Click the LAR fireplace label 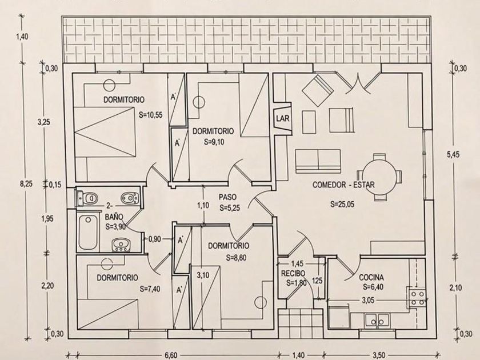pyautogui.click(x=282, y=118)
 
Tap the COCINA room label pyautogui.click(x=371, y=278)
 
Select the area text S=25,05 pyautogui.click(x=342, y=205)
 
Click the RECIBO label pyautogui.click(x=293, y=273)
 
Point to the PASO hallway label pyautogui.click(x=227, y=197)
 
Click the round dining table pyautogui.click(x=379, y=177)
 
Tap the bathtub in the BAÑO pyautogui.click(x=88, y=233)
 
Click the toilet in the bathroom pyautogui.click(x=87, y=198)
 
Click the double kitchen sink pyautogui.click(x=377, y=321)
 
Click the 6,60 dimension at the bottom pyautogui.click(x=171, y=355)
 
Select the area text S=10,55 pyautogui.click(x=150, y=115)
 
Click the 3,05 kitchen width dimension pyautogui.click(x=368, y=301)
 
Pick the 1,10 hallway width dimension pyautogui.click(x=203, y=205)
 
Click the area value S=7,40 pyautogui.click(x=149, y=289)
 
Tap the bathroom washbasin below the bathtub pyautogui.click(x=121, y=245)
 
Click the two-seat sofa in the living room pyautogui.click(x=318, y=160)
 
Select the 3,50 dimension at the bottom pyautogui.click(x=379, y=355)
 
